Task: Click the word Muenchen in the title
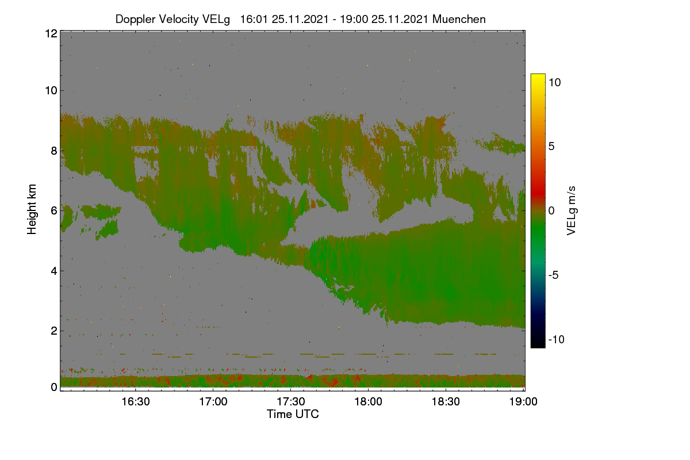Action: point(459,20)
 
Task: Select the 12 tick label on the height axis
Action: point(51,33)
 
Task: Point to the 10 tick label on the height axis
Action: point(51,91)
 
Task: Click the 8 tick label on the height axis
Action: point(54,151)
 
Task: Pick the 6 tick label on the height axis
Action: point(54,211)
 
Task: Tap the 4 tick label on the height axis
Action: point(54,271)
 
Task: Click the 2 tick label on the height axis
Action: point(54,331)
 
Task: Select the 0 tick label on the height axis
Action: point(54,387)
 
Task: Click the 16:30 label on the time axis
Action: point(136,402)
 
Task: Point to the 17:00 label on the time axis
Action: point(213,402)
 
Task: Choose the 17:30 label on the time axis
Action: point(291,402)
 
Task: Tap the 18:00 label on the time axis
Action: point(369,402)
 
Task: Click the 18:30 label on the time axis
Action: point(446,402)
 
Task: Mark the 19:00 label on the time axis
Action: point(523,402)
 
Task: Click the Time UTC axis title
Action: point(293,414)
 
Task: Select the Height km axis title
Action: point(32,209)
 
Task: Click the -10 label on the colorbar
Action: point(557,339)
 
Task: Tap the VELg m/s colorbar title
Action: point(572,211)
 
